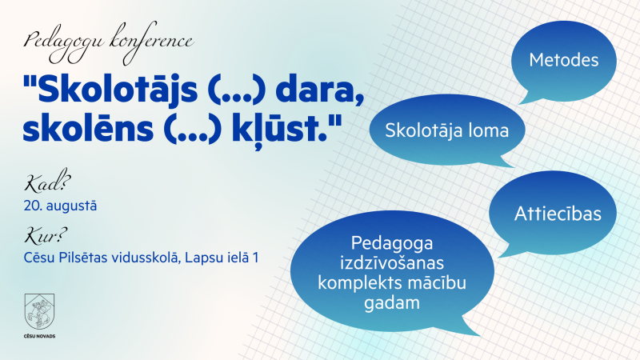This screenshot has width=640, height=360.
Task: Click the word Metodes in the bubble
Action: pos(564,60)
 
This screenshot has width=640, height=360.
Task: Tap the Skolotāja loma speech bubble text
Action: pos(447,130)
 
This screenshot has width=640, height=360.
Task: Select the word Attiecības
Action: pos(558,214)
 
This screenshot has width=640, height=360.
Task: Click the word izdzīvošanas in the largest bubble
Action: pos(392,262)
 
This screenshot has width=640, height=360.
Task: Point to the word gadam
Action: pos(392,303)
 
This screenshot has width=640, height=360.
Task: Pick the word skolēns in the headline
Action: pos(88,129)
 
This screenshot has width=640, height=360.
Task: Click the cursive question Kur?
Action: pos(46,235)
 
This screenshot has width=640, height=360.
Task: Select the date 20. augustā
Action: pos(60,206)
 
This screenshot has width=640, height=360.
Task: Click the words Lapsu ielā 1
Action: pos(222,258)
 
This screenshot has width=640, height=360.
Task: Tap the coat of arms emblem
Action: pos(39,311)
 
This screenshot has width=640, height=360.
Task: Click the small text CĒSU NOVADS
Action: pos(39,336)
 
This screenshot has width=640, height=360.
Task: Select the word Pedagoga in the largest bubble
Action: pos(392,243)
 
